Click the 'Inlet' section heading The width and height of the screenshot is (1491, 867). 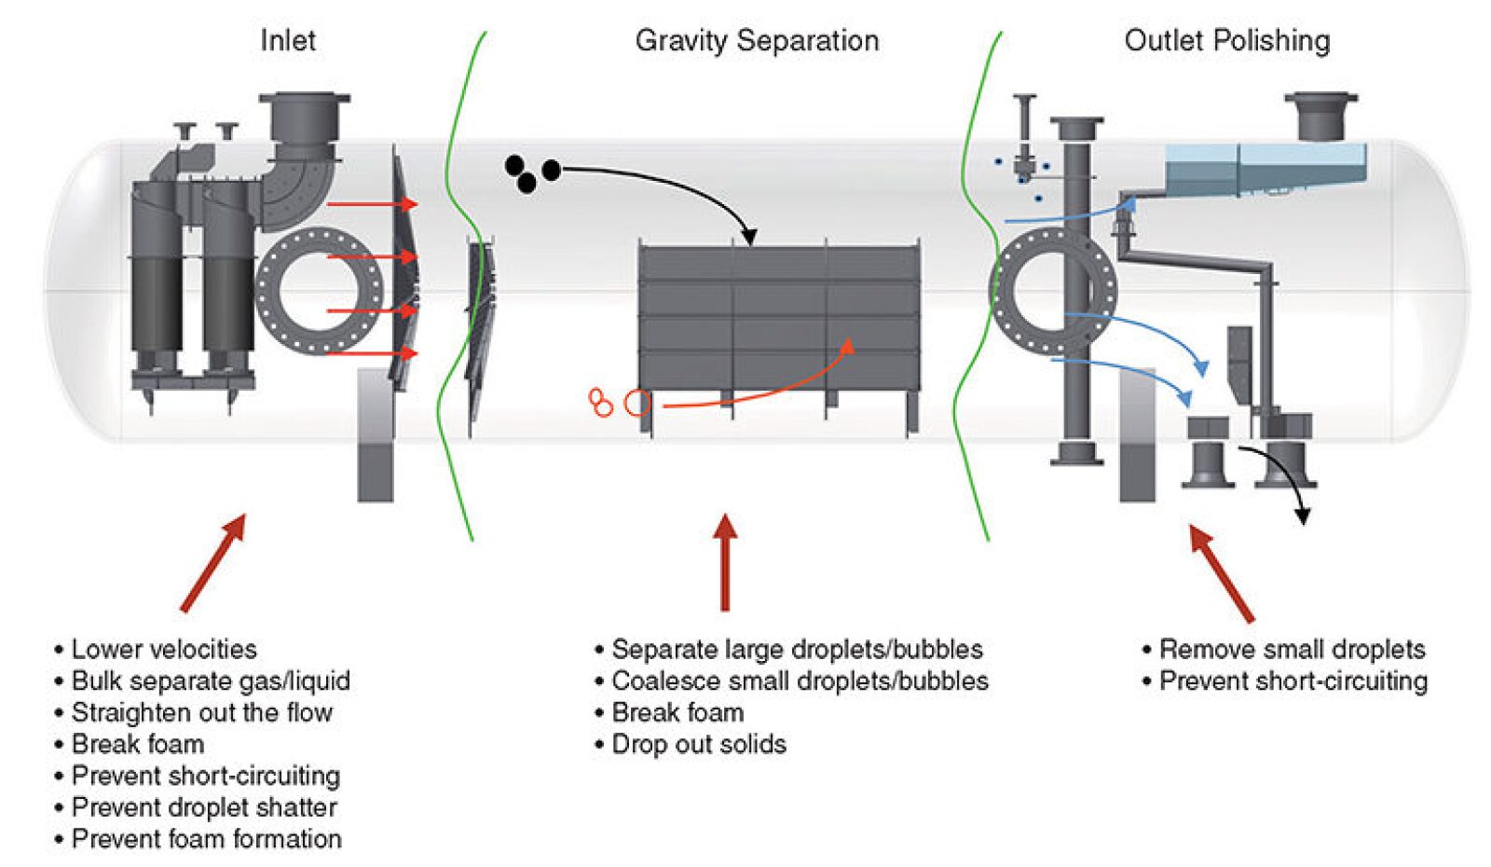[x=287, y=41]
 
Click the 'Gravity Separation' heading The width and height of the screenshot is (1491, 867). [x=756, y=41]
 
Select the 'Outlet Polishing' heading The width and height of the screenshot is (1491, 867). [x=1226, y=41]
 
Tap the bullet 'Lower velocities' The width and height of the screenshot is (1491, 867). [x=163, y=649]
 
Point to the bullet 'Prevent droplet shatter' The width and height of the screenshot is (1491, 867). [x=203, y=807]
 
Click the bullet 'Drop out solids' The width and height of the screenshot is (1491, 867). [x=698, y=744]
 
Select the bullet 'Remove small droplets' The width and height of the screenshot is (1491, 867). [x=1291, y=649]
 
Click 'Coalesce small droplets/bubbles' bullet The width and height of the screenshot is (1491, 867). [x=799, y=681]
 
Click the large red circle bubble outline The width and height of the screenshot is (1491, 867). [x=636, y=403]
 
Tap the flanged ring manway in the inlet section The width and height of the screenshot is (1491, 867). [x=319, y=291]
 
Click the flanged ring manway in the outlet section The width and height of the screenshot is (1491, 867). [x=1052, y=291]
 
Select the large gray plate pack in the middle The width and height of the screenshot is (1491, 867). [x=779, y=317]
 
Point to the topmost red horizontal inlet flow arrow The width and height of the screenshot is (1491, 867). [x=371, y=203]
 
